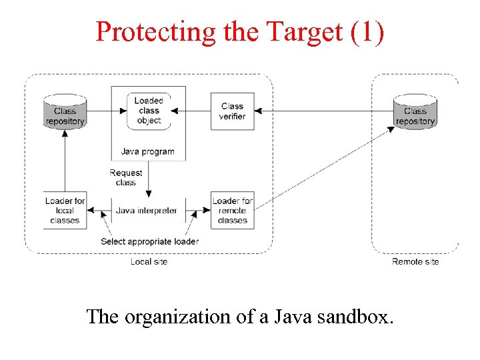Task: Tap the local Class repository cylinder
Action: tap(65, 111)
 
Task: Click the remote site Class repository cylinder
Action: tap(415, 111)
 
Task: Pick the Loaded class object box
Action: tap(149, 111)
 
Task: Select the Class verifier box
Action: tap(232, 111)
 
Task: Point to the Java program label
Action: tap(147, 151)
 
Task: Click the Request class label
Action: tap(125, 177)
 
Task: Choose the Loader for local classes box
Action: tap(65, 210)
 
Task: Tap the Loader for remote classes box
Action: tap(233, 210)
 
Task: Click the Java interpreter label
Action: tap(147, 211)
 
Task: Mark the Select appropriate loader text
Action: tap(149, 241)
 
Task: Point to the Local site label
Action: tap(149, 262)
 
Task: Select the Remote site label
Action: tap(415, 262)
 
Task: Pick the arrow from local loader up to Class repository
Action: tap(65, 160)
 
